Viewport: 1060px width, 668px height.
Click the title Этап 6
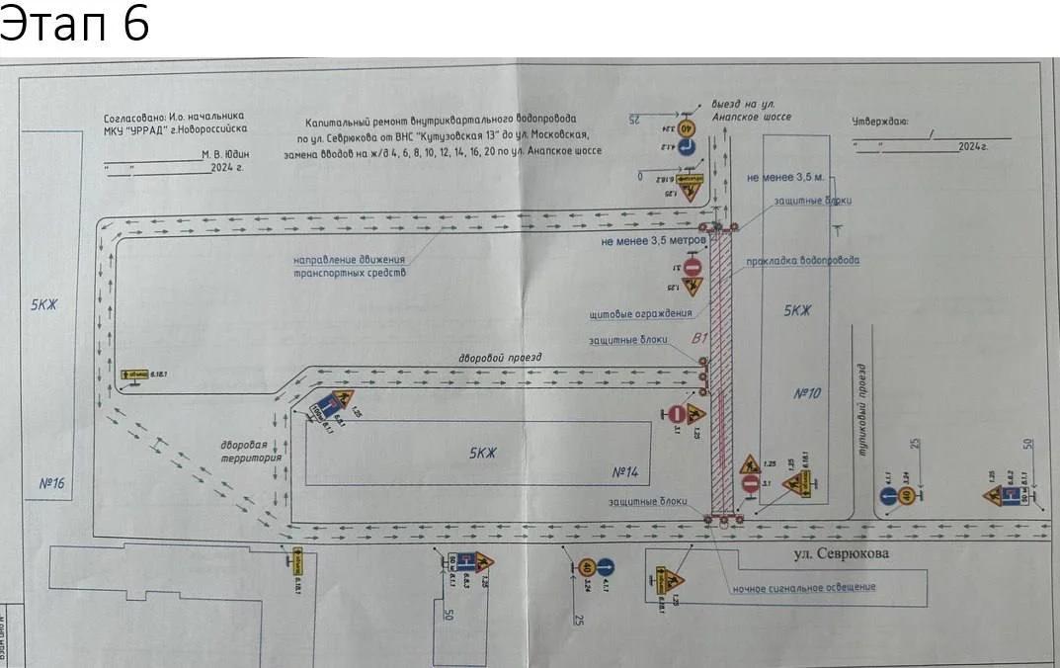click(x=75, y=24)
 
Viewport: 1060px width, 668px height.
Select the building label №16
click(x=51, y=483)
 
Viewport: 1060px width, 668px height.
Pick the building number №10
click(x=808, y=393)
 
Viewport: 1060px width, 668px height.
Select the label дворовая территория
click(x=252, y=452)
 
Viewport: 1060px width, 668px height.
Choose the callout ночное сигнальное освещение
click(x=803, y=587)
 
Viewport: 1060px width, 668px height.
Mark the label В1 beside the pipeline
click(x=700, y=340)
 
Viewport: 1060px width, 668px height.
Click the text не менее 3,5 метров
click(x=653, y=240)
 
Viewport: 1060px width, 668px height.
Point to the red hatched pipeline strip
click(x=722, y=376)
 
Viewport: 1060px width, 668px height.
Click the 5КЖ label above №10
click(x=796, y=309)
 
